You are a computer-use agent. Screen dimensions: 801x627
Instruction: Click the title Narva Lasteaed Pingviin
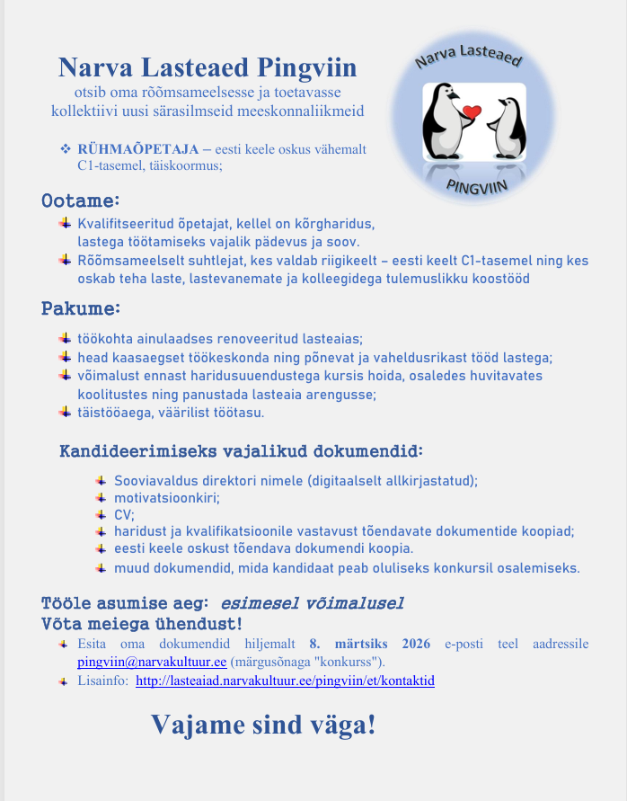[208, 67]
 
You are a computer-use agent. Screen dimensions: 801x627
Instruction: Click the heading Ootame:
[81, 200]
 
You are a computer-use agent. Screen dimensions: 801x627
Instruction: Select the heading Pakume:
[81, 309]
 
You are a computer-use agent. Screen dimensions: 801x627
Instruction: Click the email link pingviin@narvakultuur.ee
[152, 662]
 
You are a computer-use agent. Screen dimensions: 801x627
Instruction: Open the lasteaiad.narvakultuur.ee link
[285, 681]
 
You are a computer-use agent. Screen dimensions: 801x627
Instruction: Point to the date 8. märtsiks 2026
[367, 644]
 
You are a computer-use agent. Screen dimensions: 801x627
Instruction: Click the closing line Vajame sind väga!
[263, 725]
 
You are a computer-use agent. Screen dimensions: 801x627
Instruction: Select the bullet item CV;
[124, 514]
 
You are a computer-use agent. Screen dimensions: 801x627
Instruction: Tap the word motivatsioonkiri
[166, 497]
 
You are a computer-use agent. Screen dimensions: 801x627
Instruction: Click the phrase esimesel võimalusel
[312, 602]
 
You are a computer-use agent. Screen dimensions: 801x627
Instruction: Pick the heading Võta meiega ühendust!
[141, 623]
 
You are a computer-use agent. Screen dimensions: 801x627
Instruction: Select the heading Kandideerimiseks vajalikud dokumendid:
[241, 449]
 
